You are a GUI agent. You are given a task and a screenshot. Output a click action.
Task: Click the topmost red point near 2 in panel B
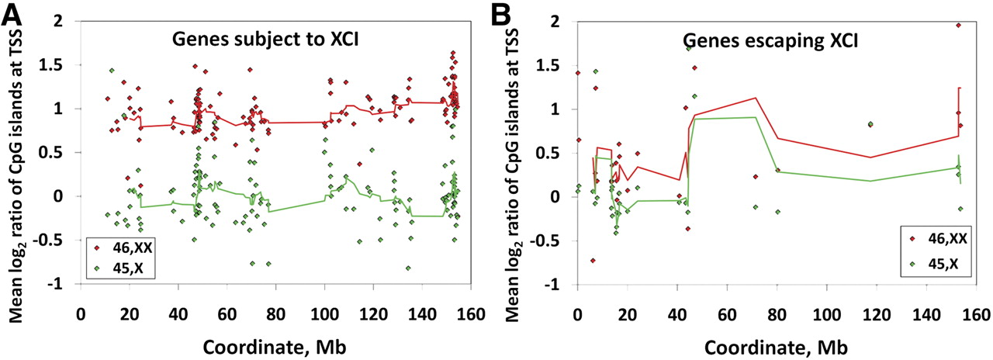[959, 26]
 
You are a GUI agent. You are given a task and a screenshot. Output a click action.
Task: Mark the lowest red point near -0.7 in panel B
[593, 261]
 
